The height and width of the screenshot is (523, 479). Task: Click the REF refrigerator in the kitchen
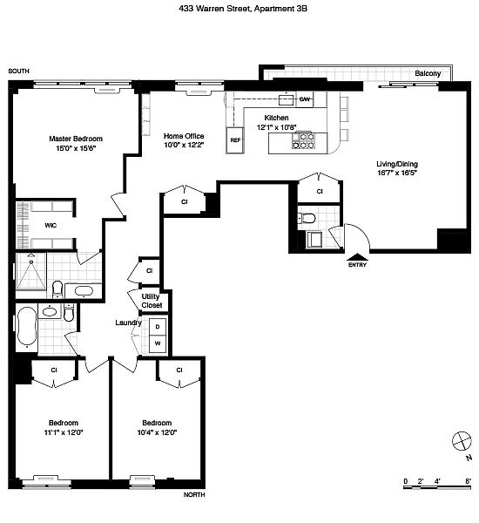pos(235,140)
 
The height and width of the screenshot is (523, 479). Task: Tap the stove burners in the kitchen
pos(304,140)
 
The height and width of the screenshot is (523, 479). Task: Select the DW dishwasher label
pos(304,99)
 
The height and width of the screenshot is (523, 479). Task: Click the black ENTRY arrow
pos(357,257)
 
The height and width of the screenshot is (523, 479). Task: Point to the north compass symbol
pos(462,440)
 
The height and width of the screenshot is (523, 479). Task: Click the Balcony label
pos(428,73)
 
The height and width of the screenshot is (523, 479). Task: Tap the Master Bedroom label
pos(76,139)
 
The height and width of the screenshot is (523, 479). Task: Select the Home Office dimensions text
pos(184,145)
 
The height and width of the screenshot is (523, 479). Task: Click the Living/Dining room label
pos(397,164)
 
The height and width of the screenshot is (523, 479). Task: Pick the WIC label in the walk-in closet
pos(51,226)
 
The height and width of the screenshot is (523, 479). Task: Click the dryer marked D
pos(158,327)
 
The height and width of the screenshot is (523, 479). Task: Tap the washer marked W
pos(158,343)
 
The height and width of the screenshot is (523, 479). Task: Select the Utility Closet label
pos(152,301)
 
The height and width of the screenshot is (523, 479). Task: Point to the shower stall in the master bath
pos(31,272)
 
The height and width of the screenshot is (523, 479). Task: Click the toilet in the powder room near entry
pos(307,219)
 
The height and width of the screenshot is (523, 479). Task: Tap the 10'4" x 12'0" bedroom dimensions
pos(157,432)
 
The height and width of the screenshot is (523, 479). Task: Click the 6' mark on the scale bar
pos(469,481)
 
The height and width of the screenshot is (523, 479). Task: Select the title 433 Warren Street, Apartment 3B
pos(243,9)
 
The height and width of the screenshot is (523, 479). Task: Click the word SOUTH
pos(18,71)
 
